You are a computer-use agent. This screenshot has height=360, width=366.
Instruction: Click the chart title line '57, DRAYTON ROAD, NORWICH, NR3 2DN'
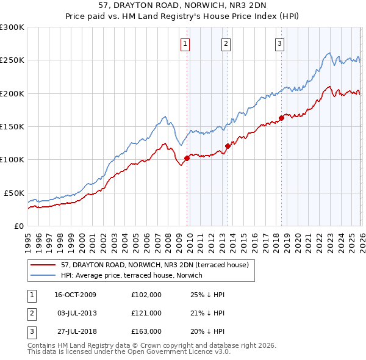[182, 5]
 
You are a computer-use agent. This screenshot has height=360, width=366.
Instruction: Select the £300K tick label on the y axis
[12, 27]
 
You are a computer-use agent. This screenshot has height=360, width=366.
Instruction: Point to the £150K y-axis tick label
[12, 126]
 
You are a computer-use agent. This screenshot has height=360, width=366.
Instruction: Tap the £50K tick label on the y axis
[14, 193]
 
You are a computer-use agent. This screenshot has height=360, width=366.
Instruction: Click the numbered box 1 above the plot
[185, 43]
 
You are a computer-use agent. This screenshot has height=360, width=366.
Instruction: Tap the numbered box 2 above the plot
[226, 43]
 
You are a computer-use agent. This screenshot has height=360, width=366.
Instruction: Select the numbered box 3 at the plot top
[279, 43]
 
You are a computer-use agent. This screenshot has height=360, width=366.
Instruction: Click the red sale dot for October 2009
[187, 158]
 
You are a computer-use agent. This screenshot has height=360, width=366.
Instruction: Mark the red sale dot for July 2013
[227, 146]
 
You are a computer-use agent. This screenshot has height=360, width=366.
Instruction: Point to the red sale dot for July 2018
[281, 118]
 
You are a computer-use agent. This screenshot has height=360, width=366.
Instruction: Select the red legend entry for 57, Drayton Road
[154, 265]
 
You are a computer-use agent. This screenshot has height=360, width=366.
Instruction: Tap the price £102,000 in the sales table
[146, 295]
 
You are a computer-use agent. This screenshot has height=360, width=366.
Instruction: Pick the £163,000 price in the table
[146, 331]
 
